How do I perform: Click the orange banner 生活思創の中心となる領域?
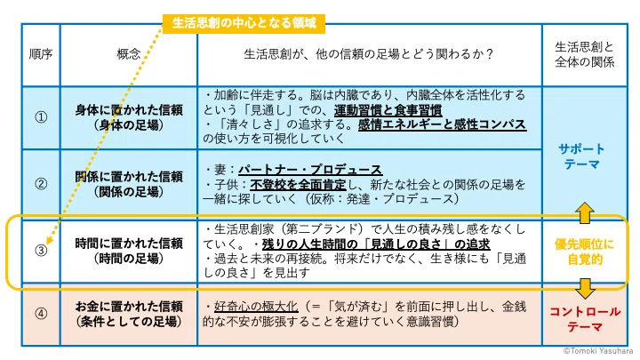[x=244, y=23]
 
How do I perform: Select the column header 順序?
[x=41, y=54]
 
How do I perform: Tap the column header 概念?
[x=129, y=54]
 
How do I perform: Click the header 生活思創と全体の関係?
[x=585, y=54]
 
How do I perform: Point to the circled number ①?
[x=41, y=117]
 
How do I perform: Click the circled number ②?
[x=41, y=184]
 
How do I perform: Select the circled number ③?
[x=41, y=251]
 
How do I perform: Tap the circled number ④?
[x=41, y=314]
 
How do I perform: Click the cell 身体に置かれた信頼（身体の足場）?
[x=129, y=117]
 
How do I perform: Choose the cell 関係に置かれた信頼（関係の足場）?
[x=129, y=184]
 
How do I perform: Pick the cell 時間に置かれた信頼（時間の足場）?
[x=129, y=251]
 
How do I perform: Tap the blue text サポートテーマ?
[x=581, y=156]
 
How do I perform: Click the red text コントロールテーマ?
[x=585, y=320]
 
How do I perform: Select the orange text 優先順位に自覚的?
[x=585, y=252]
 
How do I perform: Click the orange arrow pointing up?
[x=585, y=212]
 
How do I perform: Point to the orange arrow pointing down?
[x=585, y=288]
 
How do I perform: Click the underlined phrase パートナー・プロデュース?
[x=310, y=170]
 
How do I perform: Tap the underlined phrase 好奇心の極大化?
[x=256, y=307]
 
